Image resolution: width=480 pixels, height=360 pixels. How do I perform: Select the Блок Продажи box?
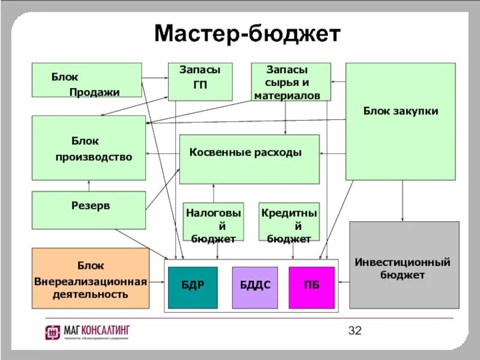tap(86, 80)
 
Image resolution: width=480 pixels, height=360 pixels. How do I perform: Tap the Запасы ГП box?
tap(200, 82)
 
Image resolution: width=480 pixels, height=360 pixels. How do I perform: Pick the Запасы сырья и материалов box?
tap(290, 82)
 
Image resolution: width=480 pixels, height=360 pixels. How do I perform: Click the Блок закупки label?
tap(401, 111)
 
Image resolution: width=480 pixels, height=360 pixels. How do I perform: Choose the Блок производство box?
tap(89, 148)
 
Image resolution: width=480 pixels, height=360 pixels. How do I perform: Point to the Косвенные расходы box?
tap(249, 158)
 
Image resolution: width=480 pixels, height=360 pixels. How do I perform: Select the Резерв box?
tap(89, 209)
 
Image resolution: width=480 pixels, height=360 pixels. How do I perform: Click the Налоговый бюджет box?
tap(213, 221)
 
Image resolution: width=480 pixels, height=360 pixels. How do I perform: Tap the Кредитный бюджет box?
tap(289, 221)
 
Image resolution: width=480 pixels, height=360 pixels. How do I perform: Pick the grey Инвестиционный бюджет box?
tap(404, 265)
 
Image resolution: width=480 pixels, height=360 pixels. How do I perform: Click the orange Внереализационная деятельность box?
tap(90, 278)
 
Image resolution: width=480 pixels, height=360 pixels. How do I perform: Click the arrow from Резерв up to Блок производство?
tap(89, 185)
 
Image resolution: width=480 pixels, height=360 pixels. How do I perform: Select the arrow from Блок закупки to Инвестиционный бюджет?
tap(403, 201)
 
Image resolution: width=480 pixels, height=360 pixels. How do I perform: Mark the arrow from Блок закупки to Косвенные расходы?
tap(332, 152)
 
